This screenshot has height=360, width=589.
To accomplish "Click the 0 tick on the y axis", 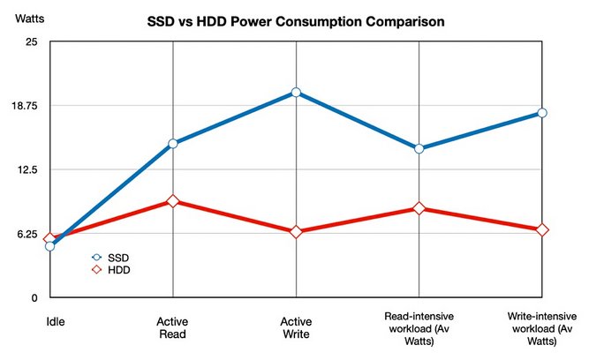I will tap(33, 298).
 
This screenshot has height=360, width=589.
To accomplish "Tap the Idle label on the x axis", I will tap(55, 322).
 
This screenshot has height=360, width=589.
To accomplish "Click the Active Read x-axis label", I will tap(172, 327).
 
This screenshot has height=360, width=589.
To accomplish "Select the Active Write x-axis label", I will tap(296, 327).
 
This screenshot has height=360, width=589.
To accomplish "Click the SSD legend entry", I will tap(111, 257).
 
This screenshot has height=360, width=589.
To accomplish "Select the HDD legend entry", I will tap(111, 270).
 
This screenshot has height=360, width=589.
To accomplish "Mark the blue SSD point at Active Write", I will tap(296, 92).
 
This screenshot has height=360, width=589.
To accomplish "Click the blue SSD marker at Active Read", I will tap(172, 143).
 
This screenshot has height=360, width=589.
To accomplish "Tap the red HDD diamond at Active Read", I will tap(172, 201).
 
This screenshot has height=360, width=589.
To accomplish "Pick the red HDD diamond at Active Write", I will tap(296, 231).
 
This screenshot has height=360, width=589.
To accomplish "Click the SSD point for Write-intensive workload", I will tap(541, 113).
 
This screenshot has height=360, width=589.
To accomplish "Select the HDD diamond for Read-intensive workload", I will tap(419, 208).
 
